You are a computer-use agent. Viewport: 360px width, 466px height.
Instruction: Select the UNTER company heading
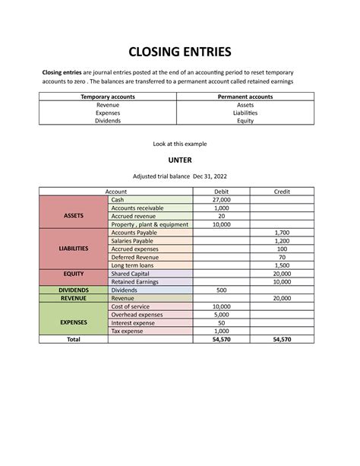[x=180, y=160]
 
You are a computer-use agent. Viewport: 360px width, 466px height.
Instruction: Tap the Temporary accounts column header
[x=107, y=97]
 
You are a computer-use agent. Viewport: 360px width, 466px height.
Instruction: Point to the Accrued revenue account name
[x=132, y=216]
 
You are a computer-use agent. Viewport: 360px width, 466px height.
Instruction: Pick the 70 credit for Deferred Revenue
[x=282, y=257]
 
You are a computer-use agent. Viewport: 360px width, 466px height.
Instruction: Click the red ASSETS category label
[x=73, y=215]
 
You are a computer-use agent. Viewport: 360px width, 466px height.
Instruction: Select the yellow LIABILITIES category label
[x=73, y=249]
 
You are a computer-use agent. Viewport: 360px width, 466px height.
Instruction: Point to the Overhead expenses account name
[x=137, y=314]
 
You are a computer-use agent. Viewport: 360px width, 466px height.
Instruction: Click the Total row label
[x=73, y=339]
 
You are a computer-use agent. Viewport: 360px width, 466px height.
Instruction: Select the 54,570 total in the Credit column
[x=282, y=339]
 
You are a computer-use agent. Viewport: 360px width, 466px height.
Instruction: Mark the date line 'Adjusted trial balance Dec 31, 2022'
[x=180, y=176]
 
